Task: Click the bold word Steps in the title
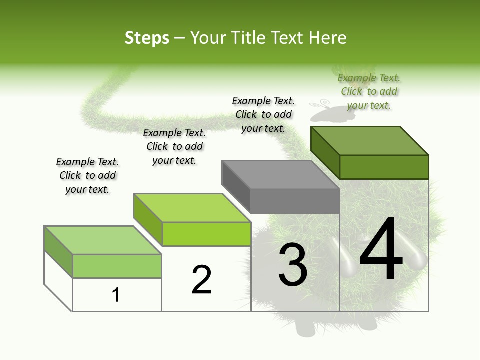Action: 147,38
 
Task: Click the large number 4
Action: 381,250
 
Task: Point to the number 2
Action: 202,280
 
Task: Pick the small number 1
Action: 116,295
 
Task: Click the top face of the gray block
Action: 280,175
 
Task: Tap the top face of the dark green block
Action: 369,140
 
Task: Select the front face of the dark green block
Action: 384,167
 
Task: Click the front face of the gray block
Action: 295,201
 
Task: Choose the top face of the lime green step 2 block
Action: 192,208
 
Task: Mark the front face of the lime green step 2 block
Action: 206,234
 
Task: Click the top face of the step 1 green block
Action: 102,240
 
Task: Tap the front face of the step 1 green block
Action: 117,266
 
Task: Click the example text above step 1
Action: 87,175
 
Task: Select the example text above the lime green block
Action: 174,146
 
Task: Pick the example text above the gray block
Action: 263,114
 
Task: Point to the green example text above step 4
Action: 369,91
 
